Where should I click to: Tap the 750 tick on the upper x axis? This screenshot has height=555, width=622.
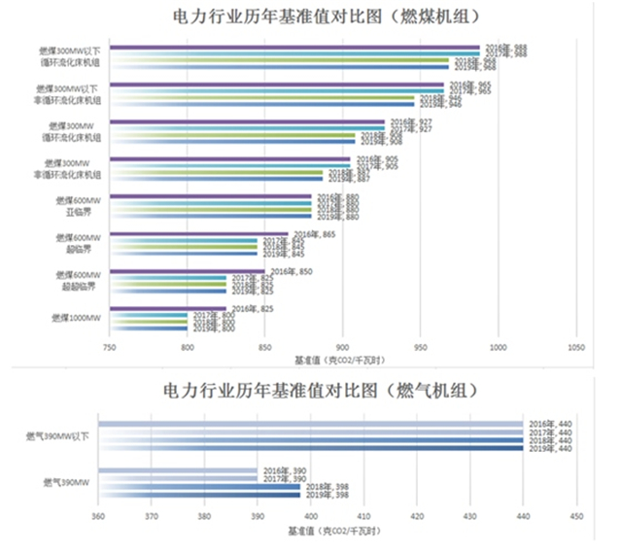point(110,346)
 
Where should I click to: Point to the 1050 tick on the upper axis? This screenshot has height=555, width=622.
point(575,346)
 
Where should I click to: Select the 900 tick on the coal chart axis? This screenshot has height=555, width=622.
point(342,346)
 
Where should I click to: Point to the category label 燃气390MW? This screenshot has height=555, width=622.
point(65,481)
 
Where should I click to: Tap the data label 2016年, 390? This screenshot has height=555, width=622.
point(280,470)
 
